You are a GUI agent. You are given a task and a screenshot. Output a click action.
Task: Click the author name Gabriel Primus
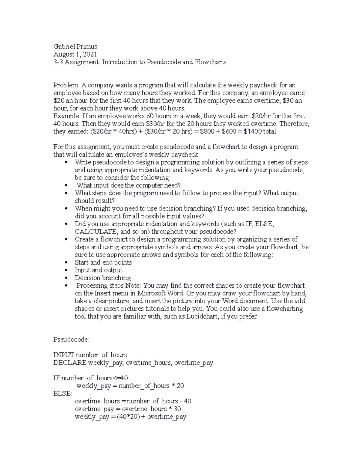coord(75,46)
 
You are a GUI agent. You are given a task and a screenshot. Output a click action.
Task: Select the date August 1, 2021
coord(75,54)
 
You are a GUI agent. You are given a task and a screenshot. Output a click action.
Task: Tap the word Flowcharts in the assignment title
coord(210,62)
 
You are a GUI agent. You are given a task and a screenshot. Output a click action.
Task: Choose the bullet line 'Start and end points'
coord(103,262)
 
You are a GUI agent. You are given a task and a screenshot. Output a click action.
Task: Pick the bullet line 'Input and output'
coord(99,270)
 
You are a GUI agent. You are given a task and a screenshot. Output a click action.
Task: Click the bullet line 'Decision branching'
coord(103,278)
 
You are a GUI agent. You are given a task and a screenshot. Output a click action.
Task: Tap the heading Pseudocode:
coord(71,339)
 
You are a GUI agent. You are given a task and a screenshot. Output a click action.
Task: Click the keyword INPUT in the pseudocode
coord(64,355)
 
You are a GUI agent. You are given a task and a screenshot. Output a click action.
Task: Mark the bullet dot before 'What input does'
coord(66,185)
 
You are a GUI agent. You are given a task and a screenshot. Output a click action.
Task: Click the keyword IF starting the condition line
coord(57,378)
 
